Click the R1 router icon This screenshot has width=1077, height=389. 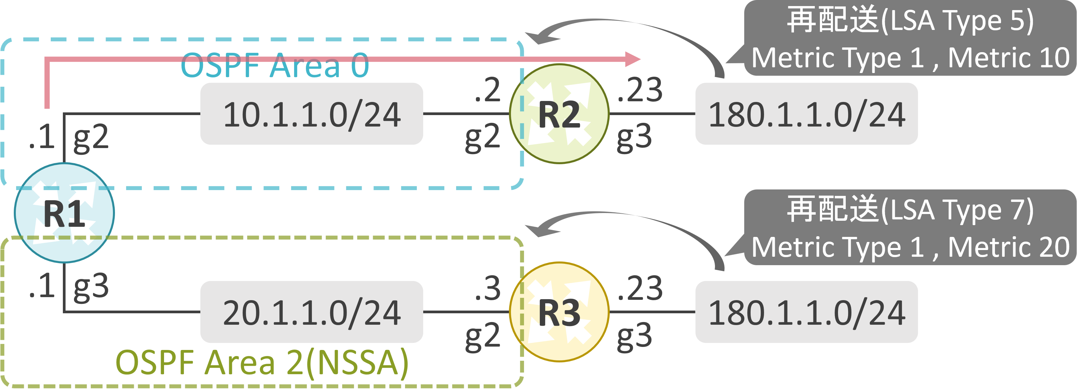[65, 213]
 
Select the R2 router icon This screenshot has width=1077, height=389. [559, 114]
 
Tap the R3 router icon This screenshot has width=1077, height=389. [559, 312]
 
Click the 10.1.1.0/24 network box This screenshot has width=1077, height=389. [312, 114]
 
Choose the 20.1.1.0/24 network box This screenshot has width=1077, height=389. [312, 312]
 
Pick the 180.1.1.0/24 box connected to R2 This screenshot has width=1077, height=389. [806, 114]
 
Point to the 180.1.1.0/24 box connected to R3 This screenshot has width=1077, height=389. [806, 312]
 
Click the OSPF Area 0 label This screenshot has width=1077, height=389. [275, 65]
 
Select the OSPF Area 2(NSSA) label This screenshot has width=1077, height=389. [262, 363]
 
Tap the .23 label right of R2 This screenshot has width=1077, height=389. [640, 90]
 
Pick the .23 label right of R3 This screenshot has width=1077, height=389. [640, 288]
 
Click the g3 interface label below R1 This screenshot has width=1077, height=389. [91, 288]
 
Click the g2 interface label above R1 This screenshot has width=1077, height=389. [91, 139]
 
